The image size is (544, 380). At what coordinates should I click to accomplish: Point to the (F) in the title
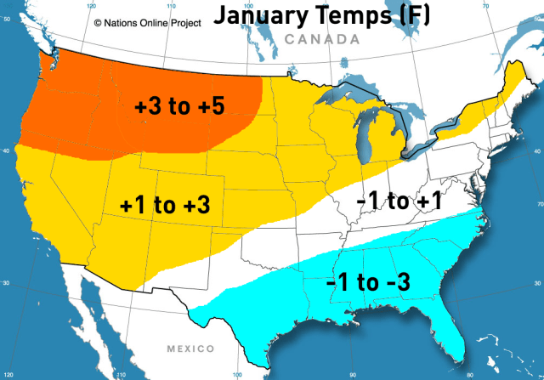point(407,16)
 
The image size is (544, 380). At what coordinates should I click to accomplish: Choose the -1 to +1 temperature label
point(399,201)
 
